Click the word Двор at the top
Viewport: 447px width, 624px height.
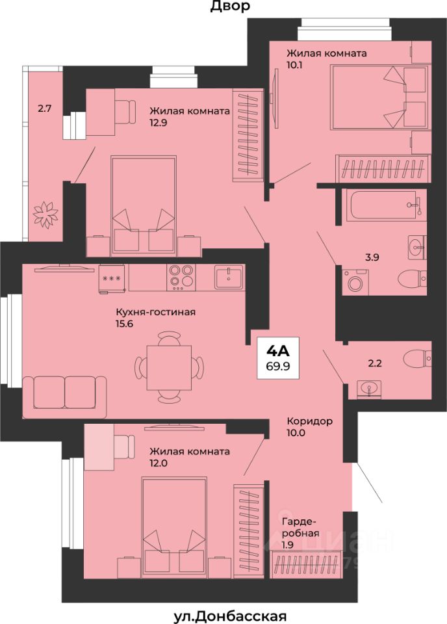tap(230, 6)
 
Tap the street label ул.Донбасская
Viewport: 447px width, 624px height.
tap(230, 616)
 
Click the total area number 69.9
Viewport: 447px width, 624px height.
tap(277, 366)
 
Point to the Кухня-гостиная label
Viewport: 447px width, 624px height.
tap(155, 312)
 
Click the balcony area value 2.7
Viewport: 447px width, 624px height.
tap(45, 109)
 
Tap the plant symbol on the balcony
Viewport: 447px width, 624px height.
tap(45, 215)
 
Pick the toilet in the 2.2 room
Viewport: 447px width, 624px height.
tap(416, 359)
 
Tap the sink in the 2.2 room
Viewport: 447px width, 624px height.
tap(369, 389)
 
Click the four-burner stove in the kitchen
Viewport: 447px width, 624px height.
tap(182, 277)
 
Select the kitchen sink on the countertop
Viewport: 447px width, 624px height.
tap(229, 277)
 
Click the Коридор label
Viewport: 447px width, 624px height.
tap(310, 421)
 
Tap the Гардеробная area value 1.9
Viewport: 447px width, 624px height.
tap(288, 545)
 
